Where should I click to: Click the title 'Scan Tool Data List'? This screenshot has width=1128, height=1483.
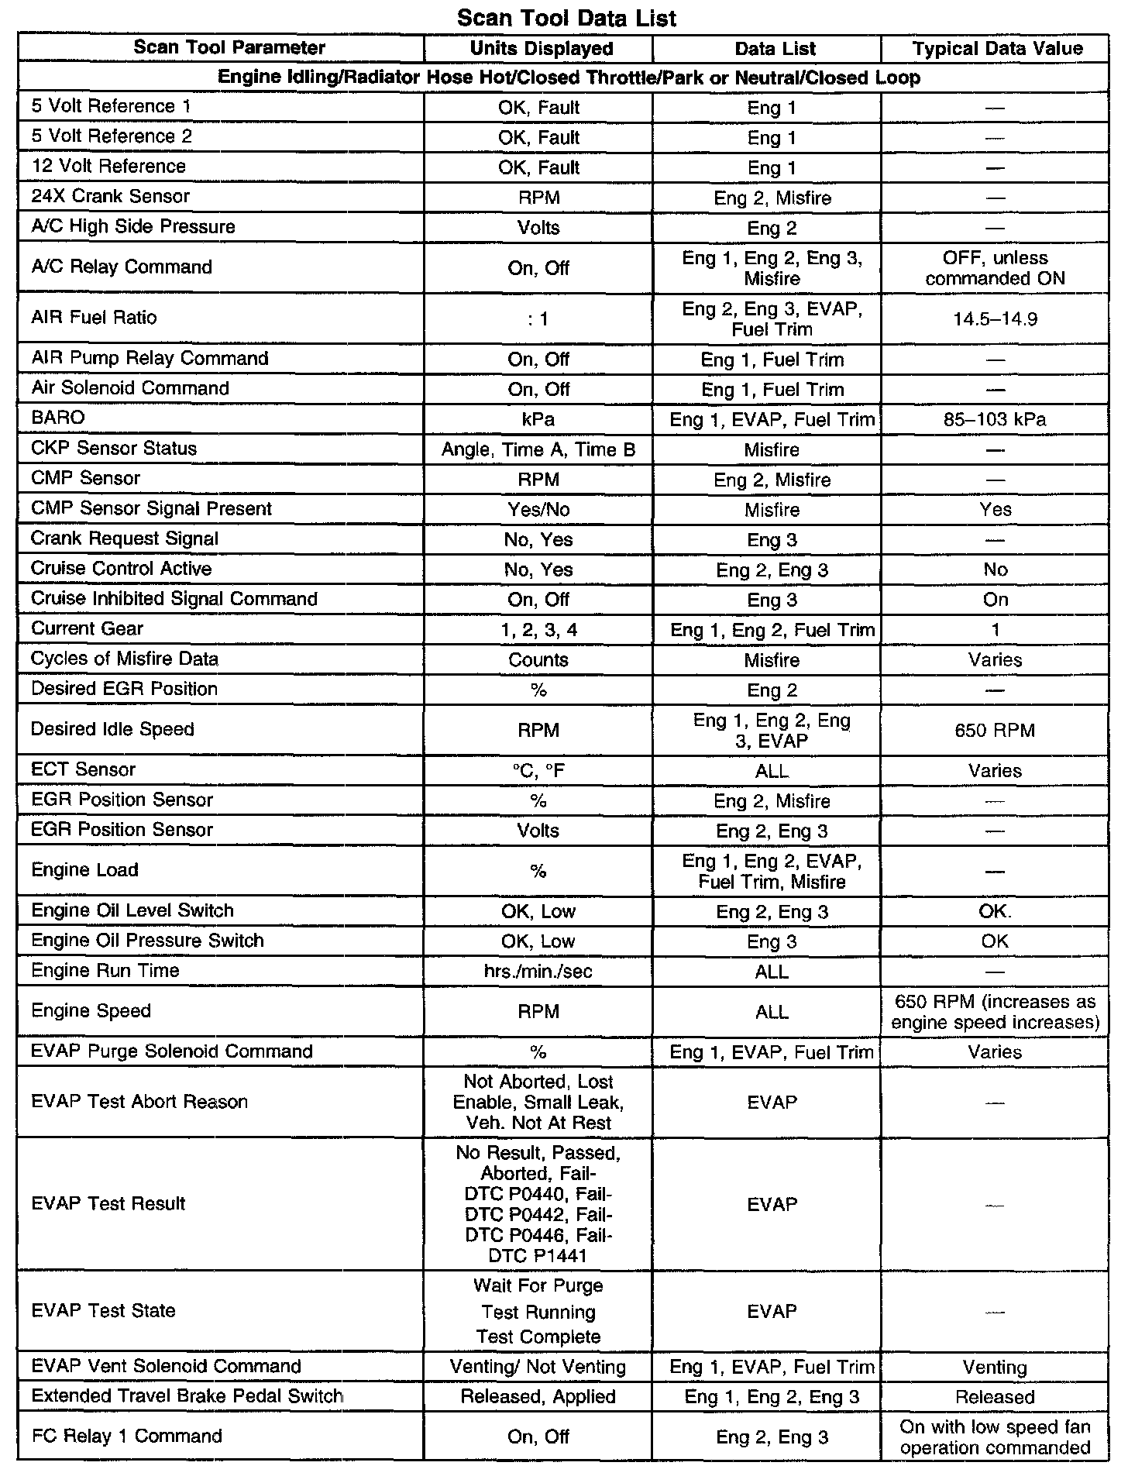(x=566, y=18)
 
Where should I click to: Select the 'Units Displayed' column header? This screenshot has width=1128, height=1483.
(x=541, y=48)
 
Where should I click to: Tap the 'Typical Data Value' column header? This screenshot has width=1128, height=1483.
(x=997, y=48)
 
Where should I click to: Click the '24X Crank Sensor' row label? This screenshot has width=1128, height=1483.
(x=110, y=196)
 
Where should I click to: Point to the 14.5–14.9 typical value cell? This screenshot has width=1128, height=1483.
(x=996, y=318)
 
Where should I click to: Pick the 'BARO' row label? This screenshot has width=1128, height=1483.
(x=57, y=418)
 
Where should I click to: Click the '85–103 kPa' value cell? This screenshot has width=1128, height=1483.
(x=996, y=419)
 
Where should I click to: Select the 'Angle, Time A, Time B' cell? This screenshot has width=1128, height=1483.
(x=538, y=449)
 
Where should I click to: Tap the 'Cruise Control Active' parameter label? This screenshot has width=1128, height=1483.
(x=121, y=569)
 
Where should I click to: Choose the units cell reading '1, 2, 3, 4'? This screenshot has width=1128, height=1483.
(x=538, y=630)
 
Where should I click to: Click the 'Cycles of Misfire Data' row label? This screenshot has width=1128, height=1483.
(x=125, y=659)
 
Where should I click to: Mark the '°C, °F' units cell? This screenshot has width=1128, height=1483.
(x=538, y=771)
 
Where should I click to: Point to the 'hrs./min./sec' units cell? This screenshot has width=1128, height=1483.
(x=538, y=972)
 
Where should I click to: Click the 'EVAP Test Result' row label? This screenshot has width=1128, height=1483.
(x=108, y=1203)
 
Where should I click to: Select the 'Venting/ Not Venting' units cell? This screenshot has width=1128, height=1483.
(x=538, y=1367)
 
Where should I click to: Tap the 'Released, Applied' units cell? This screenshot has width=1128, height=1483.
(x=538, y=1397)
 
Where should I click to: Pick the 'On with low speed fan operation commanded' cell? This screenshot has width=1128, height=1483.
(x=996, y=1437)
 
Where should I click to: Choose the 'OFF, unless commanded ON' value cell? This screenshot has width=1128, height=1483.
(x=996, y=268)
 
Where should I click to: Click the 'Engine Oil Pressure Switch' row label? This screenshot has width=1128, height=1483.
(x=147, y=941)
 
